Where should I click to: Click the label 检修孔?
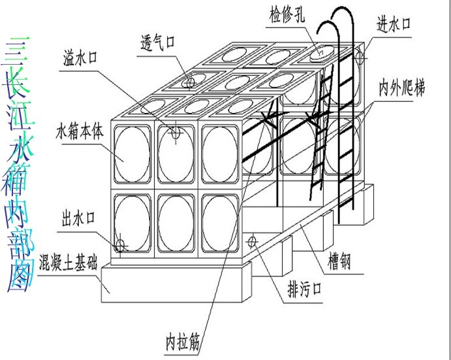click(285, 13)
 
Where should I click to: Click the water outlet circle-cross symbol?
click(120, 246)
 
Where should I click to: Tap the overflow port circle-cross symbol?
click(176, 133)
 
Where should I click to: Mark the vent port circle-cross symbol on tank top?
click(189, 82)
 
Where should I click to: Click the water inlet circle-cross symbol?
click(359, 57)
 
